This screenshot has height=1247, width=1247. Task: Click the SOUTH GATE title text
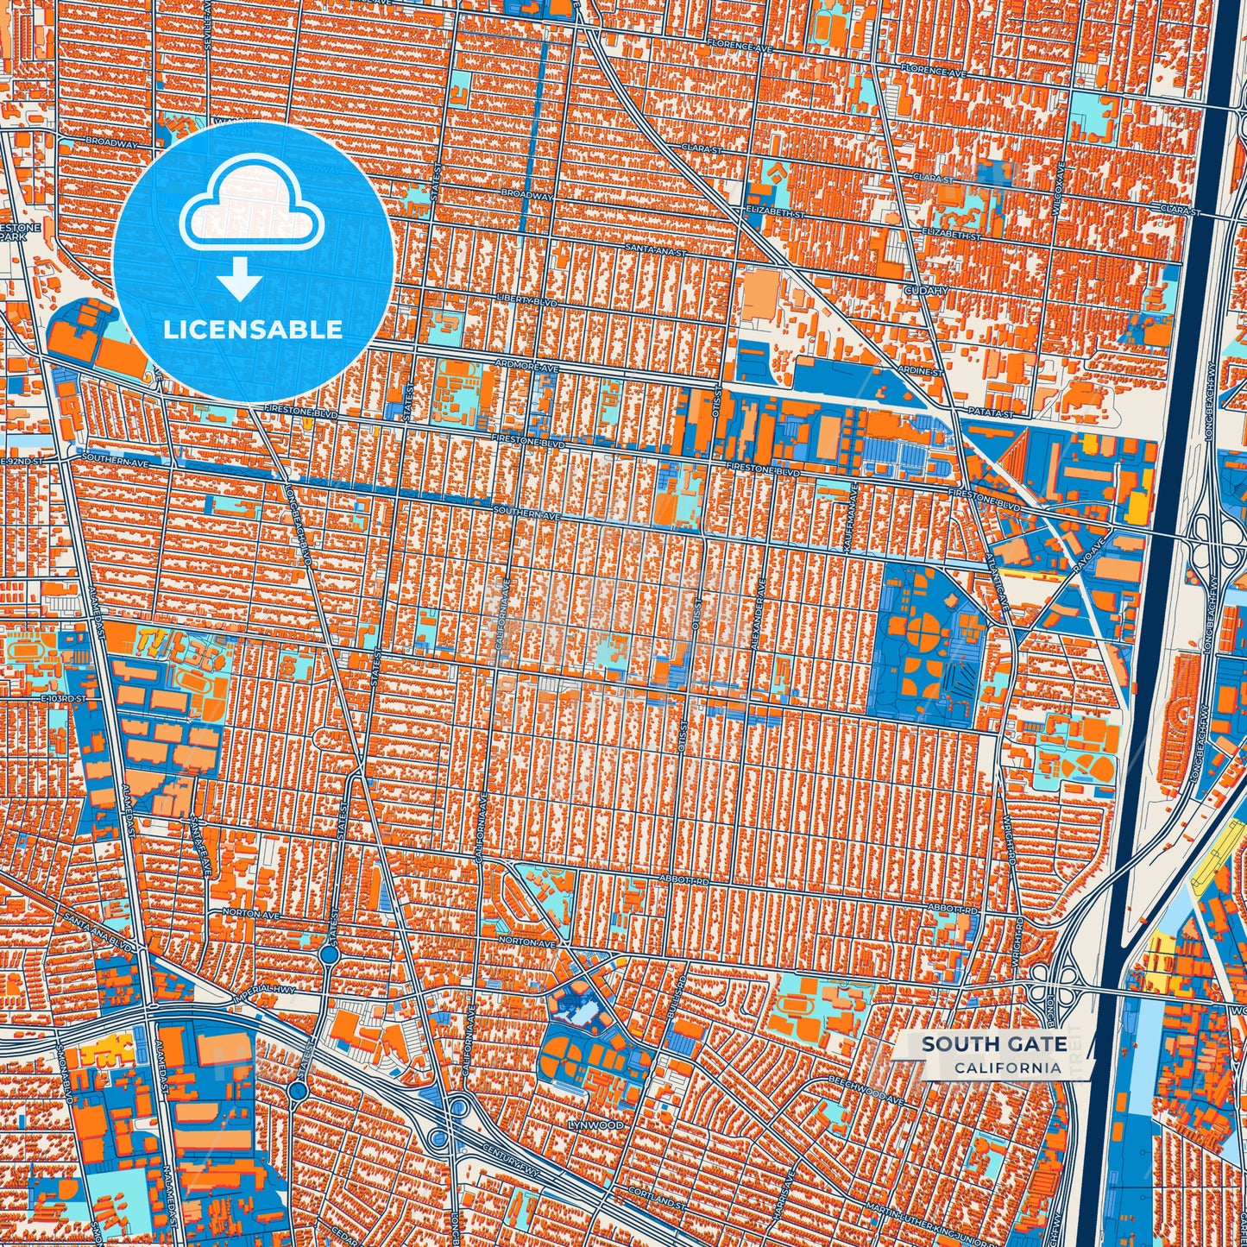993,1044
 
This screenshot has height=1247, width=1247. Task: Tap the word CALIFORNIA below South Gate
1007,1068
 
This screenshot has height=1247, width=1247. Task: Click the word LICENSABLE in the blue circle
253,330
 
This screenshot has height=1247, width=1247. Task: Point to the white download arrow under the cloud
239,278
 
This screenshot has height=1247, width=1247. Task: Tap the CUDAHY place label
925,291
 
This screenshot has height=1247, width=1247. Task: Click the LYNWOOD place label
595,1125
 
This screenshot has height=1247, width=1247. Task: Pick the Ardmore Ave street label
526,367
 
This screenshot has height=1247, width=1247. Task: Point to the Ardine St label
920,371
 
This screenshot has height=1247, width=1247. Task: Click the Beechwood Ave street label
866,1090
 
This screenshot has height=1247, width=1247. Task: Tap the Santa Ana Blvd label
94,929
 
